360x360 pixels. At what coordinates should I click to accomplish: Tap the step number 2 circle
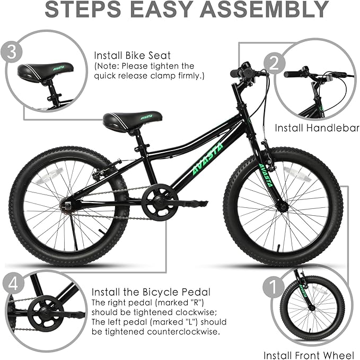[289, 64]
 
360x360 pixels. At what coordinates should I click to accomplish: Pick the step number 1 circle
[273, 288]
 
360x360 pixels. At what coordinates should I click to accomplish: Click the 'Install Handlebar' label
[317, 128]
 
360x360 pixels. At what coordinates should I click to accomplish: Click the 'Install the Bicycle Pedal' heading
[151, 292]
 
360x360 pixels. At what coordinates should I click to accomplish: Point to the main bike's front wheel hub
[283, 206]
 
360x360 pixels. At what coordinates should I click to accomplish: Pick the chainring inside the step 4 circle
[42, 313]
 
